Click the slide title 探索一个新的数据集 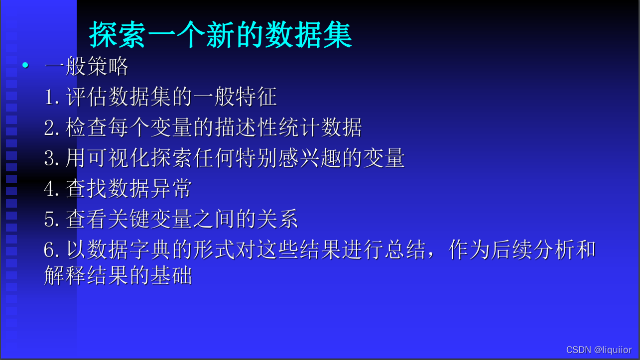pos(221,35)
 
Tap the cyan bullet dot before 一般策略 pos(25,65)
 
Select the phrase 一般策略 pos(87,67)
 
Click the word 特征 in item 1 pos(256,97)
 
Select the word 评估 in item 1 pos(87,97)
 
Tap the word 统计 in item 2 pos(298,127)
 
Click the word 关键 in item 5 pos(129,219)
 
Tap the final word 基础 pos(171,275)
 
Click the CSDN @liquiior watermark pos(599,350)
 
